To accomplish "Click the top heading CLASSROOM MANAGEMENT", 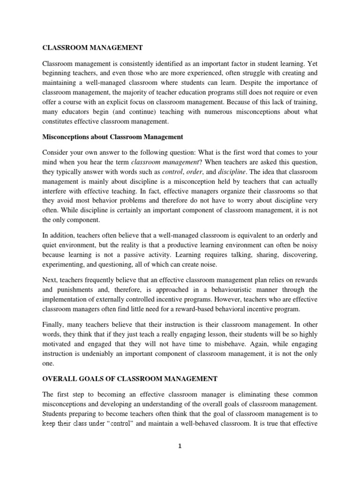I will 92,47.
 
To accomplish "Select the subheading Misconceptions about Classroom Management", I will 112,137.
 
